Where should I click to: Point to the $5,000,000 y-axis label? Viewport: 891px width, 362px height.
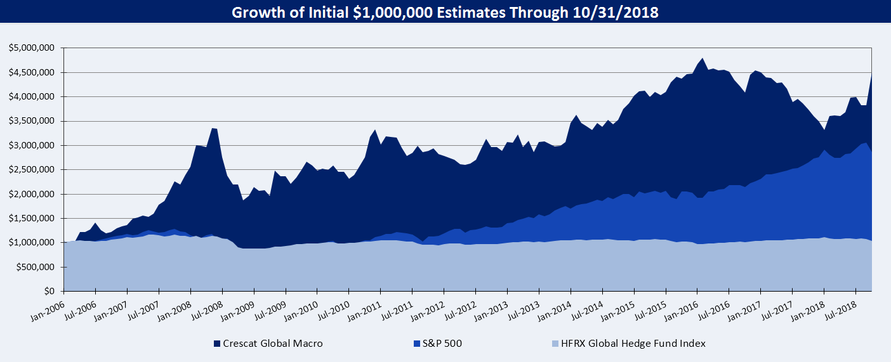coord(33,48)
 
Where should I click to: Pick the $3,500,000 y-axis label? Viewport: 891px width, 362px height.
coord(33,121)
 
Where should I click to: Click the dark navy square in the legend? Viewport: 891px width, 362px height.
coord(217,344)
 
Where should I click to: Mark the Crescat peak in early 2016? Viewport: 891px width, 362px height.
coord(702,58)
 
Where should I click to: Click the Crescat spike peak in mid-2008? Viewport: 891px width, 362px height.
coord(213,128)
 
